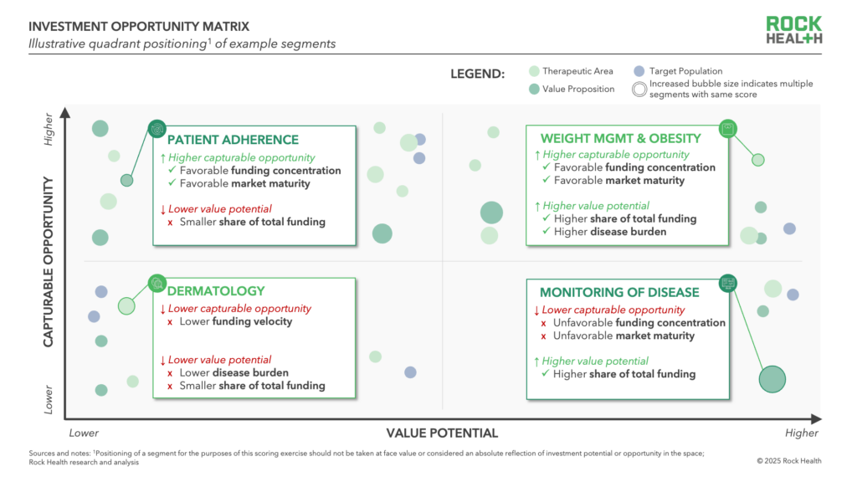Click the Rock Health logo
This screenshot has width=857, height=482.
[x=793, y=30]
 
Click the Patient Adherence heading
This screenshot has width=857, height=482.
[x=233, y=140]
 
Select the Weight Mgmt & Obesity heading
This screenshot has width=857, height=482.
[x=620, y=139]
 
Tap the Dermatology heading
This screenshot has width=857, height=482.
[x=216, y=291]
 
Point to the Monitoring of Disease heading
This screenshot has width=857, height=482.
[x=619, y=292]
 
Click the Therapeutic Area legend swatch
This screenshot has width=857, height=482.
[x=534, y=71]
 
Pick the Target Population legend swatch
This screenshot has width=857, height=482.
[x=639, y=71]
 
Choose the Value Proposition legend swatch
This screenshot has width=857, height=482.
[x=534, y=89]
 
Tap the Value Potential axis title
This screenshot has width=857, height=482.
[x=442, y=433]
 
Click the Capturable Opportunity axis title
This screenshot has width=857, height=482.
[x=49, y=262]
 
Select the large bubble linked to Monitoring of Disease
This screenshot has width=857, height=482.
[x=772, y=379]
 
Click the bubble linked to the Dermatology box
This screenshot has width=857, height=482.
[x=126, y=306]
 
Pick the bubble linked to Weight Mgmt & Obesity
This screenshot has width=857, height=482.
[x=758, y=160]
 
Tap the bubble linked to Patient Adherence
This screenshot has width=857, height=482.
[x=127, y=181]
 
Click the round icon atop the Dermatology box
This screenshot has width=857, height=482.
[x=157, y=283]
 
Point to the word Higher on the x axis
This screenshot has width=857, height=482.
[x=801, y=433]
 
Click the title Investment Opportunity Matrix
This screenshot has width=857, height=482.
[x=139, y=26]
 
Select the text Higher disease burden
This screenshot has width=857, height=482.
[x=610, y=232]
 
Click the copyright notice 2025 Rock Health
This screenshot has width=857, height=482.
[x=788, y=461]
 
